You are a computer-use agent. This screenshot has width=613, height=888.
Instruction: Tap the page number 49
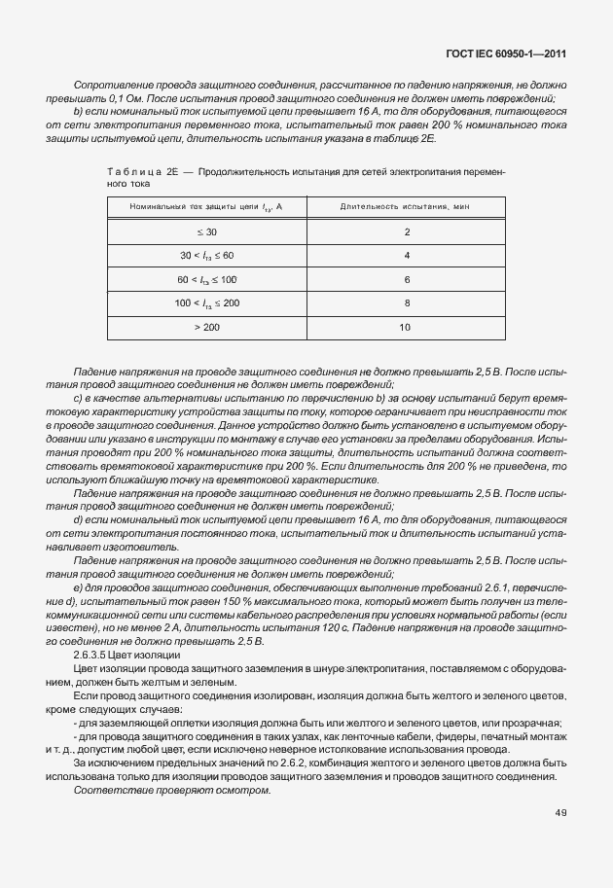[x=560, y=812]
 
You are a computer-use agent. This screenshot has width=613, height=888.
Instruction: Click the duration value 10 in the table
[x=406, y=327]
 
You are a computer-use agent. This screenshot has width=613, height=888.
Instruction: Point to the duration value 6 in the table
[x=406, y=279]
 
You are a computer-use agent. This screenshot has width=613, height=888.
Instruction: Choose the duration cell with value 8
[x=406, y=303]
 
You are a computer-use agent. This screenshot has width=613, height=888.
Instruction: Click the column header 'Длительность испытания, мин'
[x=406, y=206]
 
